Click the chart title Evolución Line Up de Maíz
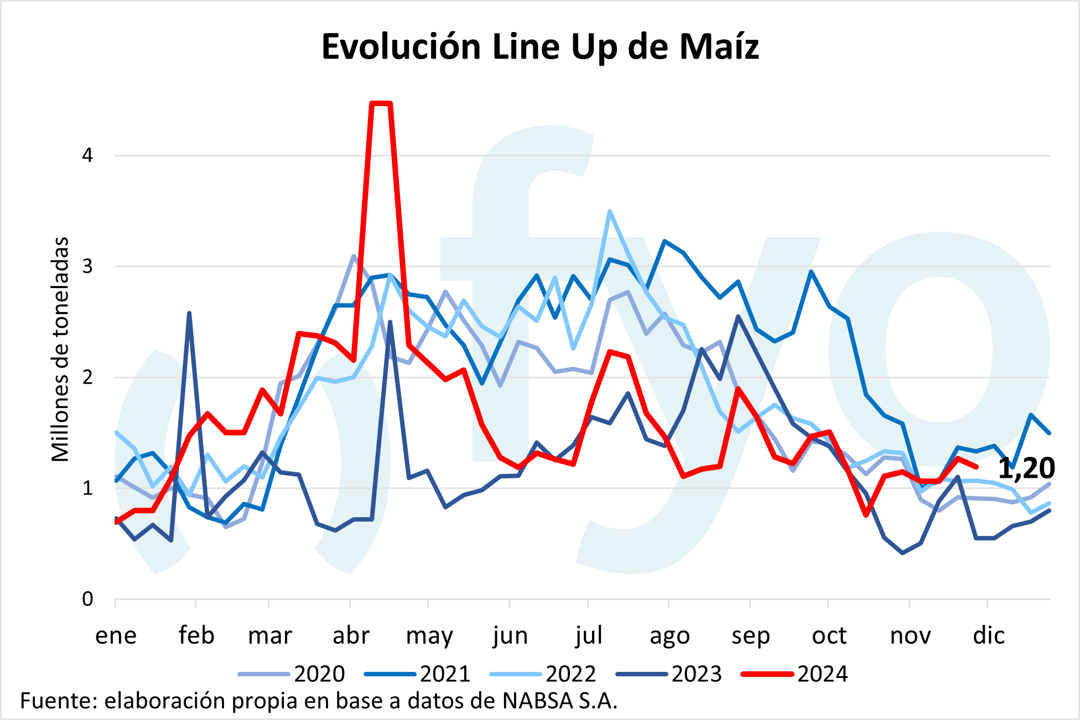pyautogui.click(x=540, y=46)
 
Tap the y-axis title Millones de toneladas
pyautogui.click(x=60, y=349)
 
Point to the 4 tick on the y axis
pyautogui.click(x=87, y=155)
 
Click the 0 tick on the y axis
pyautogui.click(x=87, y=599)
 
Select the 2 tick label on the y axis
pyautogui.click(x=87, y=377)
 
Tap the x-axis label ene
pyautogui.click(x=116, y=636)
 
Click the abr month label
pyautogui.click(x=351, y=636)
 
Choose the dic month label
pyautogui.click(x=989, y=636)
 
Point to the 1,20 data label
pyautogui.click(x=1026, y=468)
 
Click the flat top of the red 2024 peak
pyautogui.click(x=381, y=103)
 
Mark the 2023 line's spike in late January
pyautogui.click(x=189, y=313)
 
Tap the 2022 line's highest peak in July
pyautogui.click(x=610, y=212)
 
